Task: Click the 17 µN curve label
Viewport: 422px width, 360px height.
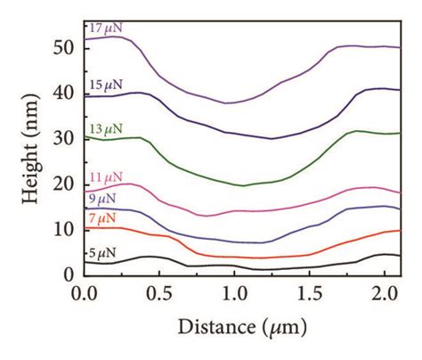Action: tap(105, 29)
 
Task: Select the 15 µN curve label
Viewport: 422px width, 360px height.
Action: tap(105, 84)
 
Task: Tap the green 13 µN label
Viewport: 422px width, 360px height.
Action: tap(105, 127)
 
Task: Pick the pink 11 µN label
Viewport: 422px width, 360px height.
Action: tap(105, 176)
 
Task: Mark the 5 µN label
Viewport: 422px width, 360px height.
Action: tap(102, 254)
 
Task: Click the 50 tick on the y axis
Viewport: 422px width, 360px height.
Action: tap(69, 46)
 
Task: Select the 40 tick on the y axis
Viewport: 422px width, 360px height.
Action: tap(69, 93)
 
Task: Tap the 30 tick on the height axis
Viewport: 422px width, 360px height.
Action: tap(69, 138)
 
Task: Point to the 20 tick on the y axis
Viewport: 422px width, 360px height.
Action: tap(69, 184)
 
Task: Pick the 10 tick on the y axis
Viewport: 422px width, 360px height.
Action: tap(69, 229)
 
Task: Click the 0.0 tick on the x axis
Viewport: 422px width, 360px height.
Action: tap(85, 291)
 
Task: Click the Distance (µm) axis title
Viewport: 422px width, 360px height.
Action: tap(242, 327)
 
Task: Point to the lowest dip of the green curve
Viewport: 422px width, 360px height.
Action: tap(242, 185)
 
